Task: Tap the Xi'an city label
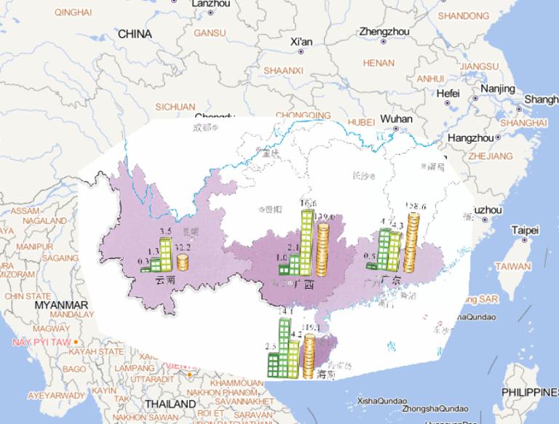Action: (x=301, y=41)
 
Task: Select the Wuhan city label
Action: (x=396, y=119)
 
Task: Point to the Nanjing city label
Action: (x=498, y=89)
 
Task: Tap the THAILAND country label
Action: (x=170, y=404)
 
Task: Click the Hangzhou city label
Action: (x=471, y=137)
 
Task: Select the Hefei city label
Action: (x=448, y=93)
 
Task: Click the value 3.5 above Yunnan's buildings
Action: (x=165, y=231)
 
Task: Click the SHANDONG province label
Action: (x=464, y=15)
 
